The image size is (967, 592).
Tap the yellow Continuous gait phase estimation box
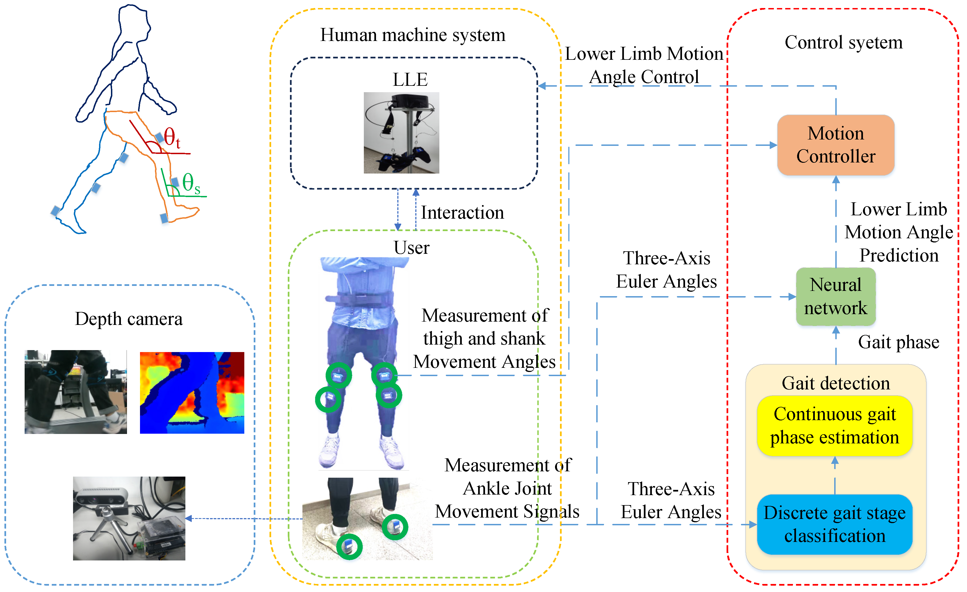(x=834, y=426)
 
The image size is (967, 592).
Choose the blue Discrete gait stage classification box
(x=834, y=524)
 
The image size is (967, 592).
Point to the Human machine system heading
(x=413, y=35)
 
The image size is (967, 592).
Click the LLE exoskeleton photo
(x=401, y=133)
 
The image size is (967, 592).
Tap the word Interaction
(x=462, y=213)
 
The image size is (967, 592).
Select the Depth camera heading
(x=129, y=319)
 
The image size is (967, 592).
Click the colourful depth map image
(x=192, y=392)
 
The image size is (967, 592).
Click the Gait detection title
(x=836, y=383)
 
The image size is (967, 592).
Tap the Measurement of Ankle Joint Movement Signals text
(x=507, y=488)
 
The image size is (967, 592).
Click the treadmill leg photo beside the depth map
(x=76, y=392)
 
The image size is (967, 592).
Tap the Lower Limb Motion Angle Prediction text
(x=898, y=232)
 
